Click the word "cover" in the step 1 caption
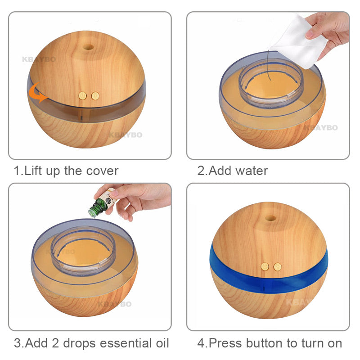click(102, 171)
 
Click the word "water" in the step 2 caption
click(252, 171)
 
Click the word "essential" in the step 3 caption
click(126, 343)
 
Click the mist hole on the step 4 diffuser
click(270, 218)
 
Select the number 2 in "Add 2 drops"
click(55, 343)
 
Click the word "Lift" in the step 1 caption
click(32, 171)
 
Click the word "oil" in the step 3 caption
click(162, 343)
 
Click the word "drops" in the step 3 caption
click(79, 343)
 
